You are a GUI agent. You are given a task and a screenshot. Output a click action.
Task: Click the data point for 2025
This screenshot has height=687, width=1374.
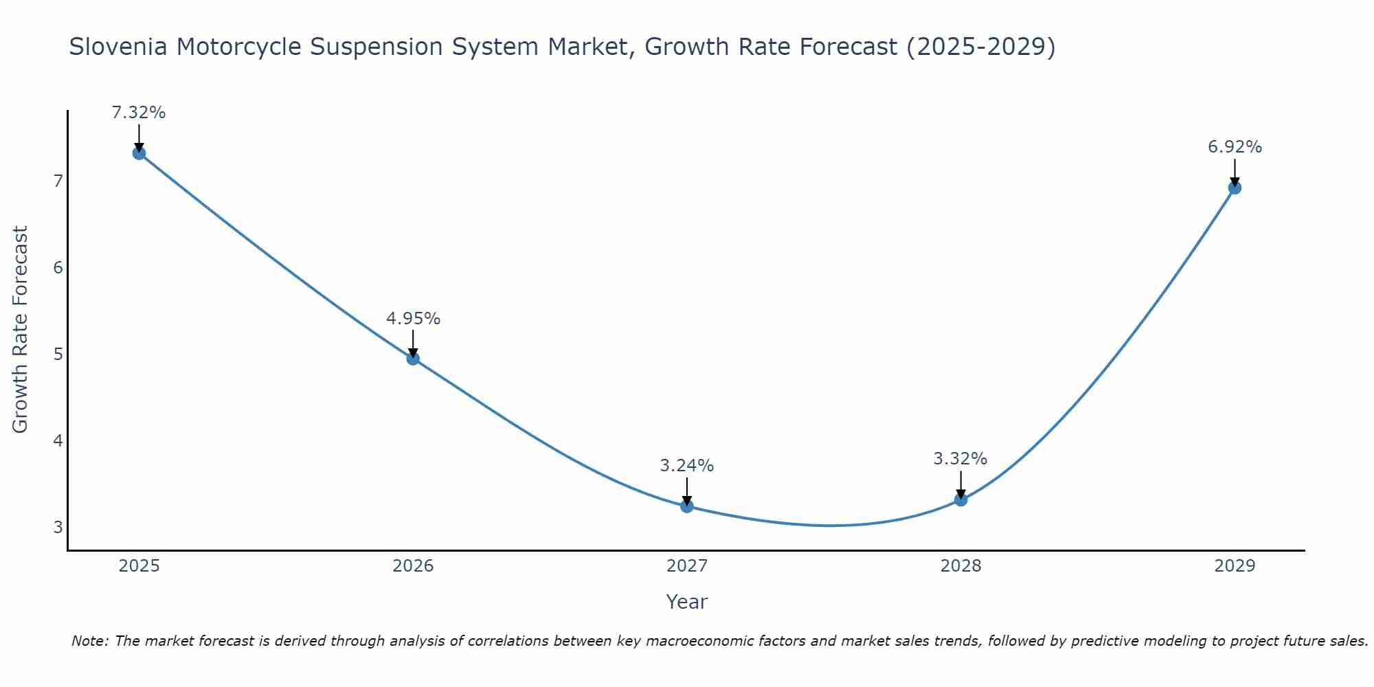139,153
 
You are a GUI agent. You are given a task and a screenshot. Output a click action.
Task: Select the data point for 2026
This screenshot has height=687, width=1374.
413,358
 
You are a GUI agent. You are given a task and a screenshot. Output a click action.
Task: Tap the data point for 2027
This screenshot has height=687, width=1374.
687,506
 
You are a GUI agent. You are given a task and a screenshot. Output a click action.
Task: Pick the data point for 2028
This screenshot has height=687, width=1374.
960,499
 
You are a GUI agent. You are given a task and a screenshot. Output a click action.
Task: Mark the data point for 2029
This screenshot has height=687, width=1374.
1235,188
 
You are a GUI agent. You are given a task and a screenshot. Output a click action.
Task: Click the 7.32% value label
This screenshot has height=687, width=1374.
139,113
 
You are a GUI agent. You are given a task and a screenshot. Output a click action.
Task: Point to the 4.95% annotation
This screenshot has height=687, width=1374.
413,319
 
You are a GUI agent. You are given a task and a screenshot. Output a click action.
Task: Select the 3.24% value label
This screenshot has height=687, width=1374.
687,466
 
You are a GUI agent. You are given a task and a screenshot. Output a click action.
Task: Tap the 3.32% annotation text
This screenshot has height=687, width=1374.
960,459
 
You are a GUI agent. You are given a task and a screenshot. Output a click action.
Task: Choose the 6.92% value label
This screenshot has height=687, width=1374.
1235,147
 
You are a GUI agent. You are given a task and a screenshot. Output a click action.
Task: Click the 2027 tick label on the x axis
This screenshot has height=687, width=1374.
687,566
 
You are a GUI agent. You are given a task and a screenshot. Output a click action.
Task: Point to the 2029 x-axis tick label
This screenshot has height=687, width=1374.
1235,566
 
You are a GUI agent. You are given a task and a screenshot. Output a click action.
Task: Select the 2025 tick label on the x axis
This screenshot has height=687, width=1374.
139,566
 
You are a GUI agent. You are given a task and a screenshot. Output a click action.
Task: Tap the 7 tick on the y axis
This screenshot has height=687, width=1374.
58,181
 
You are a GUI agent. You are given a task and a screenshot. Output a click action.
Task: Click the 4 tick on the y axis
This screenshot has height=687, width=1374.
58,440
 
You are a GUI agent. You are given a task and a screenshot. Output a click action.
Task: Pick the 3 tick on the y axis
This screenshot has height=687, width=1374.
58,528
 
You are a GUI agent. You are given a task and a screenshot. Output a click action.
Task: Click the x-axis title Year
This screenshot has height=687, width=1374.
686,602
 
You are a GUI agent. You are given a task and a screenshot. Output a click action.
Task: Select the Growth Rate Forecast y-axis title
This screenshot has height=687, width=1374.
21,329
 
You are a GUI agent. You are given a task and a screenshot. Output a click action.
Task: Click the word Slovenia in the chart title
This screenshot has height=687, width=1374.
117,47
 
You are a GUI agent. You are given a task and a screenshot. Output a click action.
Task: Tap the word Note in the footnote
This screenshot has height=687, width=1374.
89,641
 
